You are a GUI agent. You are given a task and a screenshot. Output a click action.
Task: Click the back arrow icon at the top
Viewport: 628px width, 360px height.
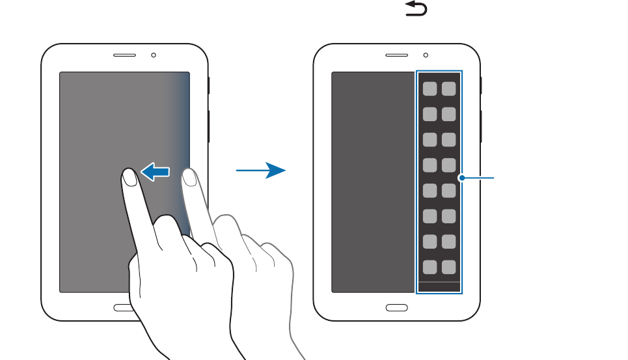(416, 8)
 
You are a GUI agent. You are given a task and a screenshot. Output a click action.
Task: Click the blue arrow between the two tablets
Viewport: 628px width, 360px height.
(261, 171)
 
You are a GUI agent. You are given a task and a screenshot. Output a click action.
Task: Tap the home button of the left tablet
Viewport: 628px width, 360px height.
(124, 307)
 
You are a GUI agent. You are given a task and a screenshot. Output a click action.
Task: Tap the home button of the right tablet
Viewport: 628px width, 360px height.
(396, 307)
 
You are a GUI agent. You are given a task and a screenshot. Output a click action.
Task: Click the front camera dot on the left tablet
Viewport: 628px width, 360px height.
(154, 55)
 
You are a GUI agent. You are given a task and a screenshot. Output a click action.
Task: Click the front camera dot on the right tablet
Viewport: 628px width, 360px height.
(426, 55)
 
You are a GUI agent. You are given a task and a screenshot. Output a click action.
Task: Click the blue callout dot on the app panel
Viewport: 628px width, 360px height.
(461, 177)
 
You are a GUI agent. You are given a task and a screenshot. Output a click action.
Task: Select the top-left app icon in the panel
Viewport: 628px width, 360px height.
(430, 89)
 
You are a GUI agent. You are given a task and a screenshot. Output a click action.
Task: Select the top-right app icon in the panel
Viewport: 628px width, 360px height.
(449, 89)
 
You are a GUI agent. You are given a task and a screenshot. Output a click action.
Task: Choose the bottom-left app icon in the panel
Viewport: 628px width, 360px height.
(430, 267)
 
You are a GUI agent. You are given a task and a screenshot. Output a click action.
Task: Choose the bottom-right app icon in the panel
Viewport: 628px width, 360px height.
(449, 267)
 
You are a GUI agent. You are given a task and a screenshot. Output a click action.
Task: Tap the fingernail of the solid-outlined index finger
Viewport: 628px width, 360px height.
(129, 176)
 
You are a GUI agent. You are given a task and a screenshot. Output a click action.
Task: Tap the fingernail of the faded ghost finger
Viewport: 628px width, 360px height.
(189, 176)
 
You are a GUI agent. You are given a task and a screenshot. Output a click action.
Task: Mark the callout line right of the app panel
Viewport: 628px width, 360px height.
(479, 177)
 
